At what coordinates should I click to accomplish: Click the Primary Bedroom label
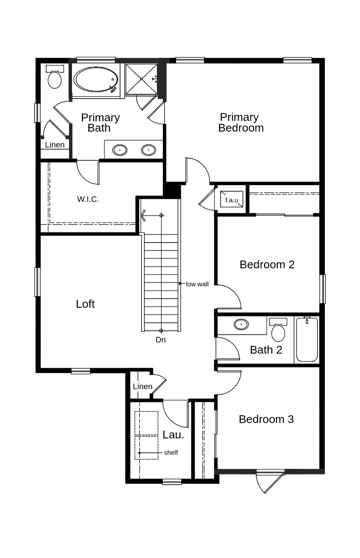point(241,123)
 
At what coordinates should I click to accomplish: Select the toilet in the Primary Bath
point(55,77)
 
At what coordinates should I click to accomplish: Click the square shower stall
point(141,79)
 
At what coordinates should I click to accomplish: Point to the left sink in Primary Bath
point(120,150)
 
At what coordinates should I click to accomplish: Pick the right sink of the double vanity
point(148,150)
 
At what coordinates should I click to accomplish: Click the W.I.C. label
point(88,199)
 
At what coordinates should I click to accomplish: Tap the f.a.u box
point(232,199)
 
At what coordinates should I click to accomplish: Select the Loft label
point(85,304)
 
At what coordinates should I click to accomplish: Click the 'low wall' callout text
point(197,284)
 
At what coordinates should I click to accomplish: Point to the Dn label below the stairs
point(161,340)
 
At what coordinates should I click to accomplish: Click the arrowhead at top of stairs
point(143,215)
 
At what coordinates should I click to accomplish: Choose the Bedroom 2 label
point(267,264)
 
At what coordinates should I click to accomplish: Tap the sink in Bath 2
point(241,324)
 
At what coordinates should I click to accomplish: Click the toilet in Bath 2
point(278,330)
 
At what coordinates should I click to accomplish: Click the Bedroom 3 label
point(266,419)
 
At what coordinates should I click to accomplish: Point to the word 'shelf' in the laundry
point(171,453)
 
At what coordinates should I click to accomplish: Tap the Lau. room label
point(174,435)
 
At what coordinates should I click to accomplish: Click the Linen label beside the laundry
point(143,387)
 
